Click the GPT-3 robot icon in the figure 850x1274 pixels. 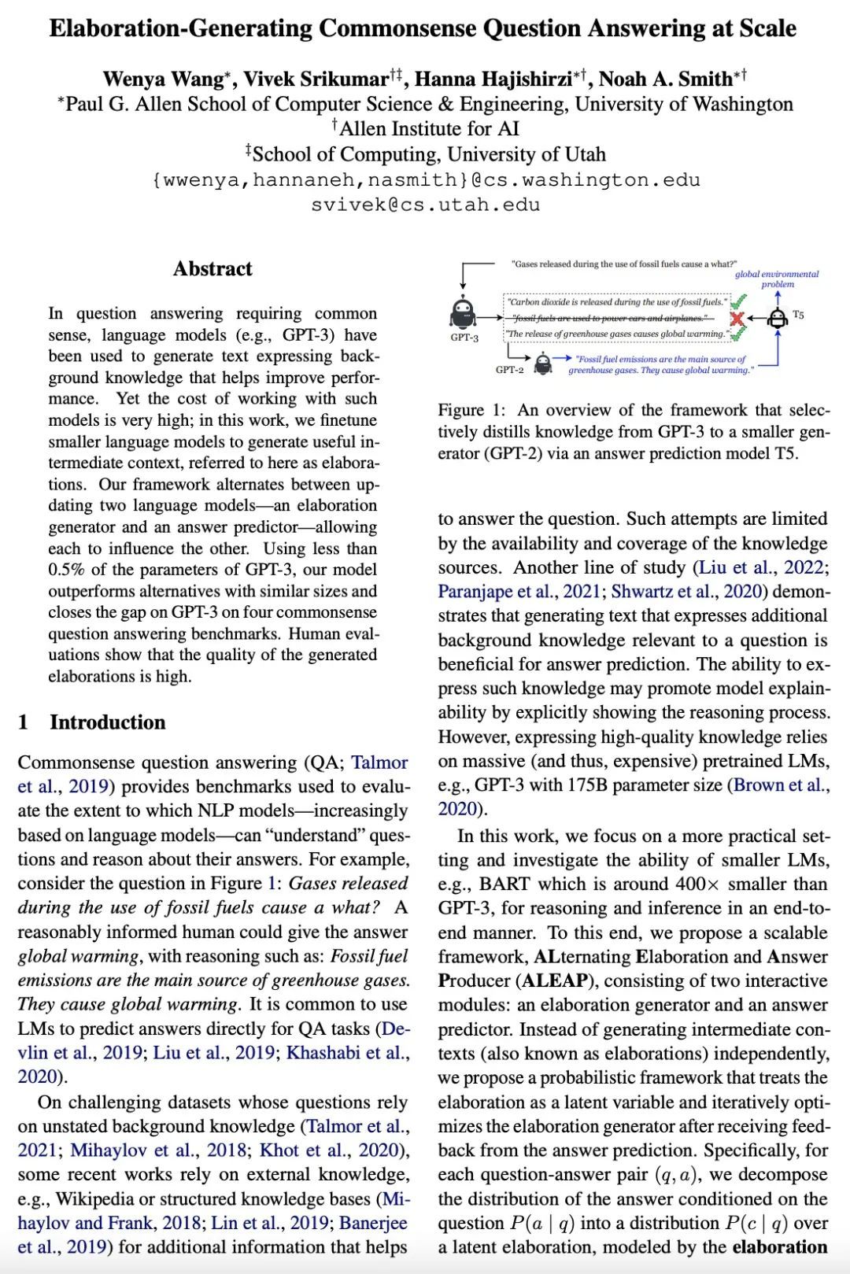click(x=463, y=314)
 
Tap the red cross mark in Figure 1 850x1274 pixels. click(x=737, y=318)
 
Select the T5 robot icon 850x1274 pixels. click(x=778, y=316)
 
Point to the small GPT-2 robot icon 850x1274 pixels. click(x=542, y=364)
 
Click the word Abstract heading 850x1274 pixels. click(x=213, y=269)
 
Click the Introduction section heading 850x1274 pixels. click(x=107, y=722)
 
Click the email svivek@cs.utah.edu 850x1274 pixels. click(x=425, y=205)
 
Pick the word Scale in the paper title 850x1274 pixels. click(x=767, y=28)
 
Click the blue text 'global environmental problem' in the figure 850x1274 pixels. click(x=777, y=279)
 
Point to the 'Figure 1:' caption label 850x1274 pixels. click(x=472, y=410)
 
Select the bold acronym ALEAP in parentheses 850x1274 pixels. click(x=554, y=981)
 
